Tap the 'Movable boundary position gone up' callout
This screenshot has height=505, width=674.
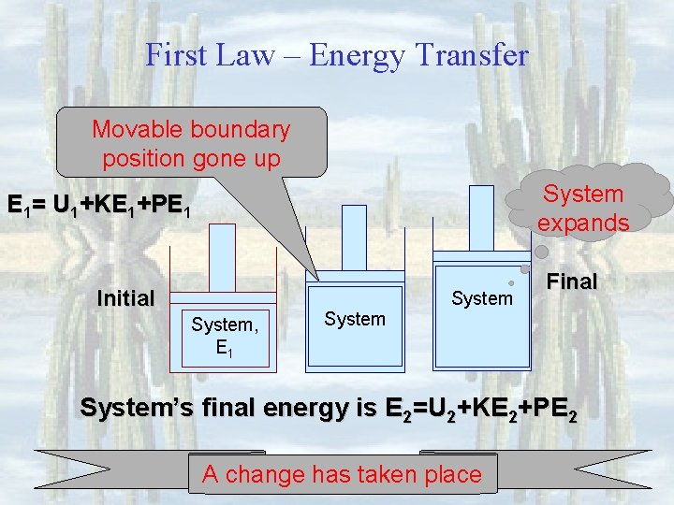[191, 142]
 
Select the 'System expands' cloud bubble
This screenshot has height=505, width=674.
[582, 208]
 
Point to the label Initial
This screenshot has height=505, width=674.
[125, 298]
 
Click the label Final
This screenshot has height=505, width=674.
[571, 281]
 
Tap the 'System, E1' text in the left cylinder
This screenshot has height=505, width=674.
[223, 336]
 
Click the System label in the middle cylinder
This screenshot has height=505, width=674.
[355, 319]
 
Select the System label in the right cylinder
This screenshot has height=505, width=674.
[482, 298]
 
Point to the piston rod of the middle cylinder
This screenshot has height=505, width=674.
[355, 238]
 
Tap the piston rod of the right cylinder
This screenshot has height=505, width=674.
[481, 219]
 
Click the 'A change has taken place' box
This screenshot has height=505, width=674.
[341, 474]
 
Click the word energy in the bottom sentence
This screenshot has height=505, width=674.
[314, 409]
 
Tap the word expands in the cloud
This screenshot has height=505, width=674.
[582, 223]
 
